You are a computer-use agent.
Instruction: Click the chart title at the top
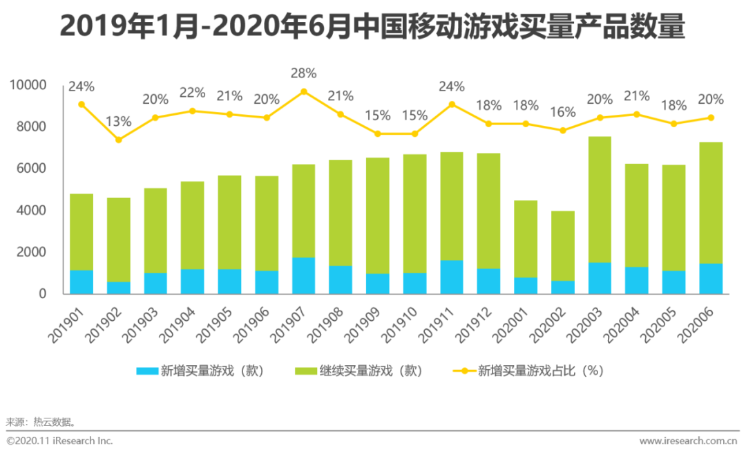pos(372,28)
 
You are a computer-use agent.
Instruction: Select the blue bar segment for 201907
pos(304,275)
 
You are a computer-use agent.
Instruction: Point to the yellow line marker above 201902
pos(118,140)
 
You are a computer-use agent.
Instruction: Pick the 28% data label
pos(304,73)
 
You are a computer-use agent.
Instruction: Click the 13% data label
pos(118,122)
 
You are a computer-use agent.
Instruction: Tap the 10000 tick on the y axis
pos(28,85)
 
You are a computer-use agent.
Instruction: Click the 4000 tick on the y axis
pos(31,210)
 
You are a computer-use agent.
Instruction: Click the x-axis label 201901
pos(66,325)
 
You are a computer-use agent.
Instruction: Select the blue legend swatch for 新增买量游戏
pos(147,371)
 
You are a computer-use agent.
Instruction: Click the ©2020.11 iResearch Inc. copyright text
pos(59,440)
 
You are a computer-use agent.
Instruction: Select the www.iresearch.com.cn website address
pos(688,440)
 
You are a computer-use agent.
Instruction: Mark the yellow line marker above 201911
pos(452,104)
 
